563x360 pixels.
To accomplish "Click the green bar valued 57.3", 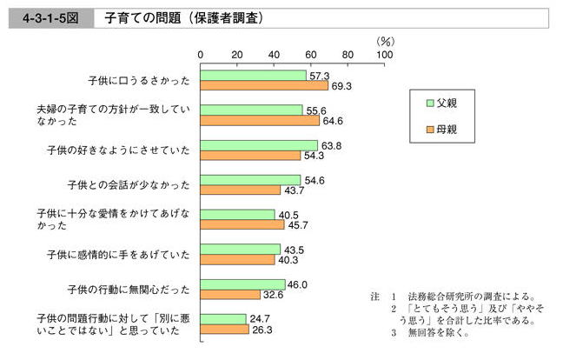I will (254, 75).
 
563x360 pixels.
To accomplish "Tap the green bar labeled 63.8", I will (259, 144).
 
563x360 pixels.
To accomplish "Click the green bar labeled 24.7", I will (223, 319).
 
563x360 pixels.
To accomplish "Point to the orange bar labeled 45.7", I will (242, 224).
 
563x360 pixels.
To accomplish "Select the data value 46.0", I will (298, 283).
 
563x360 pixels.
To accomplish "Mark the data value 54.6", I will (314, 179).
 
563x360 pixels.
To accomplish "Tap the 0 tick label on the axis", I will (201, 55).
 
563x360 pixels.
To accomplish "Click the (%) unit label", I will (385, 40).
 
